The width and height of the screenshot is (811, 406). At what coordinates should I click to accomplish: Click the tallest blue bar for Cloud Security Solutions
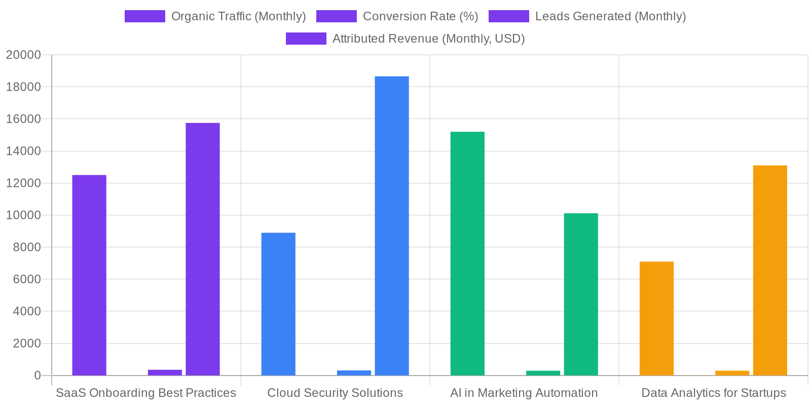click(x=392, y=226)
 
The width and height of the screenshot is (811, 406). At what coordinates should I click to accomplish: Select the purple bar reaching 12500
click(x=89, y=275)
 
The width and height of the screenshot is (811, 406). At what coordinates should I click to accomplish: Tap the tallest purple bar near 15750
click(x=203, y=249)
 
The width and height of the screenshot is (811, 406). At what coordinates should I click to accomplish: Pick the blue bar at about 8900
click(x=278, y=304)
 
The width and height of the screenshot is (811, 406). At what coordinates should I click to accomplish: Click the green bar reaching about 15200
click(x=467, y=254)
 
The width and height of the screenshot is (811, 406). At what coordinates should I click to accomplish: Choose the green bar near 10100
click(x=581, y=294)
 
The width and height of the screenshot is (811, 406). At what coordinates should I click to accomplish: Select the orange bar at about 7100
click(x=656, y=318)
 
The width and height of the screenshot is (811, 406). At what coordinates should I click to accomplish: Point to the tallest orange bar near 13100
click(x=770, y=270)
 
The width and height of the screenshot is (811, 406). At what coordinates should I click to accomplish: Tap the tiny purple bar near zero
click(x=165, y=373)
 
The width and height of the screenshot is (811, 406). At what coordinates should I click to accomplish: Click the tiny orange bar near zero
click(x=732, y=373)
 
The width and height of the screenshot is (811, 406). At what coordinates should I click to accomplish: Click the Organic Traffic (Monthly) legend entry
click(x=215, y=16)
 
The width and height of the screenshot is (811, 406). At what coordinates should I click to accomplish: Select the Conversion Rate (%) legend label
click(x=397, y=16)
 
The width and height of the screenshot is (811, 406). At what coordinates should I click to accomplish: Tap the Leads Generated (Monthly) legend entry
click(x=587, y=16)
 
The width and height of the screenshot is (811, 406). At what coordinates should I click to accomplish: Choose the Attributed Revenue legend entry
click(x=405, y=39)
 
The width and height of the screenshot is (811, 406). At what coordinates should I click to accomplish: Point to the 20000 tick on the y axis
click(x=23, y=55)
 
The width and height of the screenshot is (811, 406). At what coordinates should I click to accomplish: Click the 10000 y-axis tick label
click(x=23, y=215)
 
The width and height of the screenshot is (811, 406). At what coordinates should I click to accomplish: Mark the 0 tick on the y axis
click(x=37, y=376)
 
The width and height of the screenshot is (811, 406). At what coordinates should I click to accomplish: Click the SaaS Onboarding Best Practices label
click(x=146, y=393)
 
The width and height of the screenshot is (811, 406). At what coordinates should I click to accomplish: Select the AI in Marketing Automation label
click(x=524, y=393)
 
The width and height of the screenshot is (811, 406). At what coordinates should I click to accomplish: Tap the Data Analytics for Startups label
click(x=714, y=393)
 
